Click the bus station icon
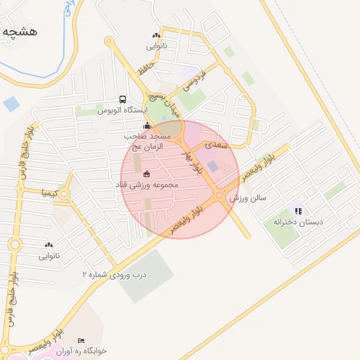pos(123,100)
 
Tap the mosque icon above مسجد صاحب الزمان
pos(146,126)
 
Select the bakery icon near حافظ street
pos(155,35)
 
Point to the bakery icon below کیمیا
pos(49,245)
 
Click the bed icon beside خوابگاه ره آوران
pos(80,340)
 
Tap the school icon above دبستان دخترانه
pos(298,210)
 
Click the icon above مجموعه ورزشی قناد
pos(146,174)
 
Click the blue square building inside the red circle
pos(213,166)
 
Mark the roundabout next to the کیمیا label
pos(65,193)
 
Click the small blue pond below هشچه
pos(11,105)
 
